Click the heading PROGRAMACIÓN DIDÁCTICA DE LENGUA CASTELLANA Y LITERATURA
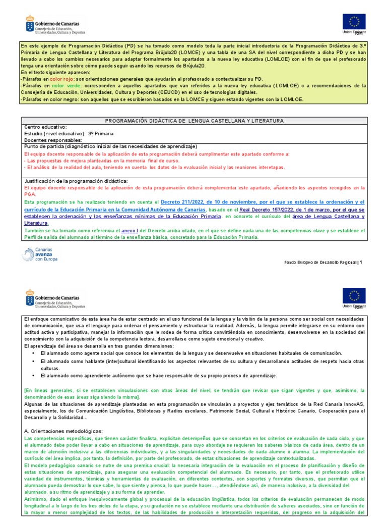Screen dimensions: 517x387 [x=193, y=121]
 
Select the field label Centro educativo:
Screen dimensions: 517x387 [x=45, y=127]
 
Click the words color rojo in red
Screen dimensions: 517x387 [x=61, y=80]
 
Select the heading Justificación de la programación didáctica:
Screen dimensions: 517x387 [x=76, y=181]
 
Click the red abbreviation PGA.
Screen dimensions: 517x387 [x=30, y=194]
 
